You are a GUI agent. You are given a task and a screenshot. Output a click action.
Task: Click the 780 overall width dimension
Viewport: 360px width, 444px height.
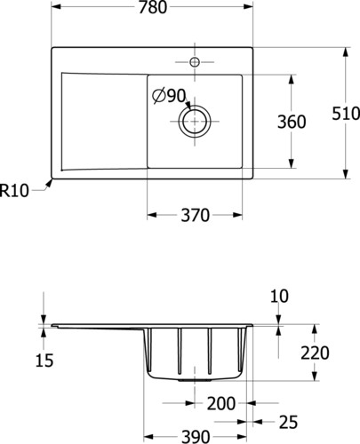point(153,7)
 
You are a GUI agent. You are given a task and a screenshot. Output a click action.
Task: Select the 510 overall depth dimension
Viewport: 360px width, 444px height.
point(346,114)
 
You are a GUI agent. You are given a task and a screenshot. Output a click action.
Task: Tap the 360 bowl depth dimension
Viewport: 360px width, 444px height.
point(292,122)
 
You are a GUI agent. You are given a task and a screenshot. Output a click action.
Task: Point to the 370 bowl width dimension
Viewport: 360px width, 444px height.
point(195,215)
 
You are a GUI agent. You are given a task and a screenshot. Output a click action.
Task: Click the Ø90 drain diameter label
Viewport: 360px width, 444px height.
point(169,96)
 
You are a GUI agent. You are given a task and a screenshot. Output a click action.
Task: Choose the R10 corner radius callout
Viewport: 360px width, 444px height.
point(14,190)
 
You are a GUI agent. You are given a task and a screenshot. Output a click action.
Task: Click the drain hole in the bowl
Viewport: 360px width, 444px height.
point(195,122)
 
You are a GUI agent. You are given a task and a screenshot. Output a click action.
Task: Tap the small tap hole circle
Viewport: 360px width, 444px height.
point(195,62)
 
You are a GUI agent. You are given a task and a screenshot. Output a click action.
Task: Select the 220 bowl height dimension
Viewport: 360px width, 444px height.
point(315,353)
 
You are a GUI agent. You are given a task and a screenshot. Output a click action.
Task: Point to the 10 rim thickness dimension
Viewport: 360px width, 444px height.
point(279,297)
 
